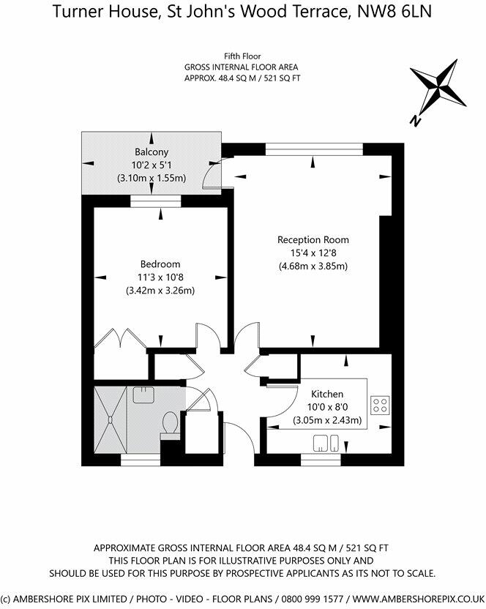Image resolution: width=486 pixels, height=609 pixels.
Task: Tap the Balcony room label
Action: pos(152,152)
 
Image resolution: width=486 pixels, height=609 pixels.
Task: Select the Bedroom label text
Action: pos(160,264)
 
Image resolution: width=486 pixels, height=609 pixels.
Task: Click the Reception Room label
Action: pos(313,240)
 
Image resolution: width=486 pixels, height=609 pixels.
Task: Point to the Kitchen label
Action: pos(327,395)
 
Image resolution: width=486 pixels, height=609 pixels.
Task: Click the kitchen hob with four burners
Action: pos(380,405)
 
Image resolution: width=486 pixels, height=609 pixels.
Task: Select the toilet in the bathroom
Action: pos(171,425)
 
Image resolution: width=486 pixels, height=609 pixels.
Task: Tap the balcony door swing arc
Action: pos(212,173)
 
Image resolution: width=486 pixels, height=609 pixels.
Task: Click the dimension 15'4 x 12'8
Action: pos(313,253)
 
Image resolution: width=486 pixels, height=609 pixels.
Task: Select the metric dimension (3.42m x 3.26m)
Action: pos(160,291)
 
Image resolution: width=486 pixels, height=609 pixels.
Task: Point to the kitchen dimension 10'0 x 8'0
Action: pos(327,408)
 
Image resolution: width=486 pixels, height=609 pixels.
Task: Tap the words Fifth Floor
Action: pos(243,56)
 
